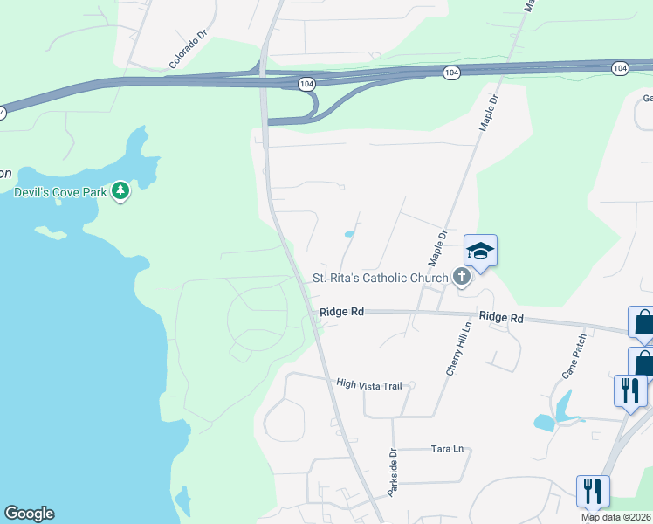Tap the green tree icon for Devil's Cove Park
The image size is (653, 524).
(x=120, y=190)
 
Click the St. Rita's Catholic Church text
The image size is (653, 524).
(x=380, y=279)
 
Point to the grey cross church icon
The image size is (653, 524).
(x=462, y=278)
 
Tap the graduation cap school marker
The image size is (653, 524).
(x=480, y=252)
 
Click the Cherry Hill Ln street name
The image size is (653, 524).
(x=459, y=348)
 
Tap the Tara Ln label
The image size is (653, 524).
(x=447, y=450)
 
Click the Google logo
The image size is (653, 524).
(x=29, y=514)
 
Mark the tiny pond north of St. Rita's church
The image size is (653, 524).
(x=349, y=233)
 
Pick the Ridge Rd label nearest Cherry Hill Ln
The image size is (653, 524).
(x=500, y=318)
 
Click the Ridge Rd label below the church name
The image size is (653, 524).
(x=341, y=311)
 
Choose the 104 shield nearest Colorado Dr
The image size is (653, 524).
(x=306, y=83)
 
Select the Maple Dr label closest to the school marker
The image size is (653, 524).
(x=437, y=248)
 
